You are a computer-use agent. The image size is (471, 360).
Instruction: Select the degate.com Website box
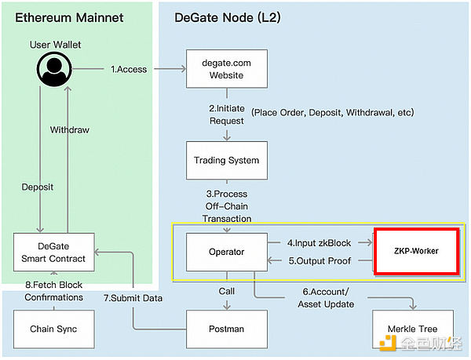[226, 70]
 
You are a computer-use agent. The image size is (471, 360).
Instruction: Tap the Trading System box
[226, 161]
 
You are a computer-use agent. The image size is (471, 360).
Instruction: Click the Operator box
[226, 252]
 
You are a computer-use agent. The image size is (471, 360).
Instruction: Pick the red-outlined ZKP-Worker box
[415, 252]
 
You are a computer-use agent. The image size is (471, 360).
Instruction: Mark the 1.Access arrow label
[128, 69]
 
